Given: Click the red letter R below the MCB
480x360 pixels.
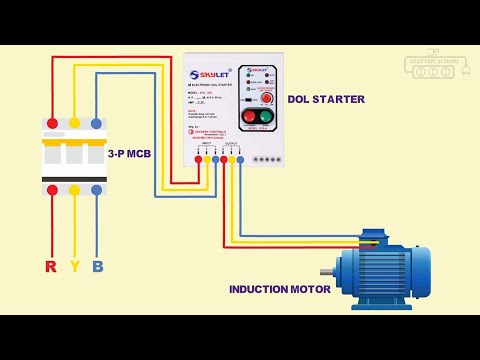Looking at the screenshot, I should pos(51,266).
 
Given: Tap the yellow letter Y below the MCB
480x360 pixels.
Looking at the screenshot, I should pos(74,266).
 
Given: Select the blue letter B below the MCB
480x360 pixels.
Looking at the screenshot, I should pos(97,266).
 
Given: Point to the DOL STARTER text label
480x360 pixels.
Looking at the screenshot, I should pos(326,99).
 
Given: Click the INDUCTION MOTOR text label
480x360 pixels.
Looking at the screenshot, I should pos(280,289).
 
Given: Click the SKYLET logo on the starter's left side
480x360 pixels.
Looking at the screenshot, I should pos(208,73).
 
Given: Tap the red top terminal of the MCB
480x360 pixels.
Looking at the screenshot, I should pos(52,123).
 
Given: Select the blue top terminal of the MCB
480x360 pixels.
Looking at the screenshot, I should pos(96,123).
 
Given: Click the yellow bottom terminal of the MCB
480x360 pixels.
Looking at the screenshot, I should pos(74,189).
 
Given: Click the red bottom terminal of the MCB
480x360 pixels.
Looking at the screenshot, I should pos(52,189).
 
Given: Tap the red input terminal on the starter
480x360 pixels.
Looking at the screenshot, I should pos(198,159).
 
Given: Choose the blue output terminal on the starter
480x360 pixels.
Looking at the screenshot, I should pos(240,159).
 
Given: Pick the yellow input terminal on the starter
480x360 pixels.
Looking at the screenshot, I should pos(207,159).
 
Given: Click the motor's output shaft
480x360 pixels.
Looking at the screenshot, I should pos(327,271).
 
